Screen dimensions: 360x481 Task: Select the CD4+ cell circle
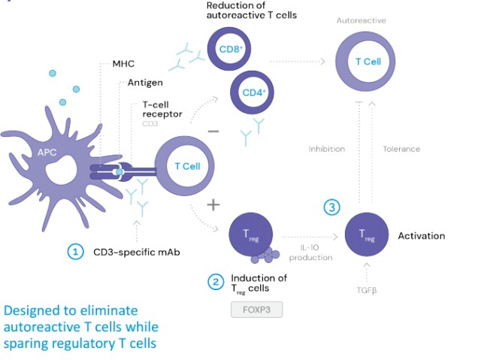[252, 93]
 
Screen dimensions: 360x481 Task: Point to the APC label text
[47, 152]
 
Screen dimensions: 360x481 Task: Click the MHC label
[123, 64]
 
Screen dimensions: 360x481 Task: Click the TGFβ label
[366, 288]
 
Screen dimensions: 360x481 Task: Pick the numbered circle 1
[75, 253]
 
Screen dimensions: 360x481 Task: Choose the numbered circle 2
[216, 282]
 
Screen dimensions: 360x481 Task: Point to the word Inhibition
[327, 149]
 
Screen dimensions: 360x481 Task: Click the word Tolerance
[402, 149]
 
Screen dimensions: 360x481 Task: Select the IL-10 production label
[310, 253]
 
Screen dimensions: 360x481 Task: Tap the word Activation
[422, 236]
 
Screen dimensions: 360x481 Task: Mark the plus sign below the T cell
[213, 204]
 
